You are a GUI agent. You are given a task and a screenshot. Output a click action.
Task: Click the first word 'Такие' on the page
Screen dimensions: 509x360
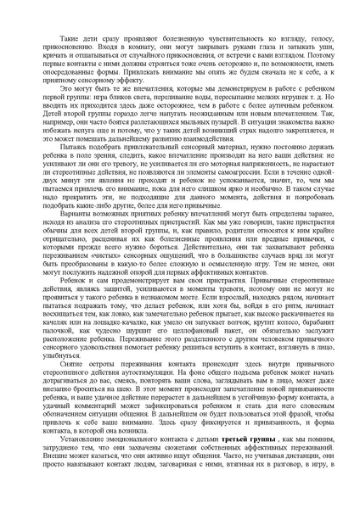pos(69,40)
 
